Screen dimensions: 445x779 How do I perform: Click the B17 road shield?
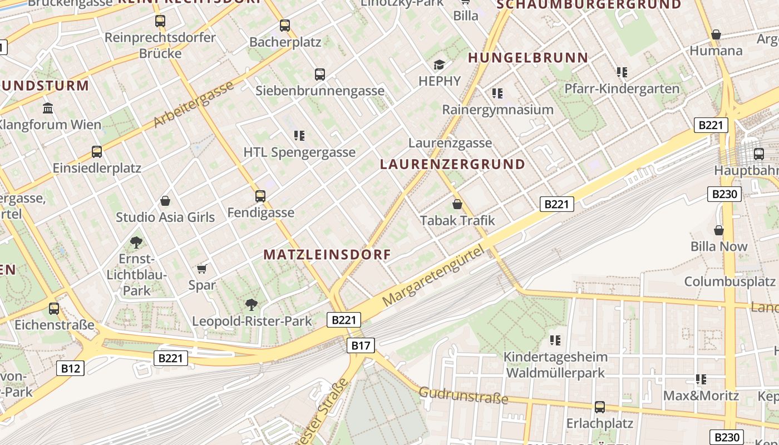tap(361, 345)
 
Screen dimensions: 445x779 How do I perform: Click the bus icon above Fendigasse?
tap(260, 196)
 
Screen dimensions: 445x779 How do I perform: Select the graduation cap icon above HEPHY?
tap(440, 65)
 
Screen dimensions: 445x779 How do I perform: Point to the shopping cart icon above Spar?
tap(202, 269)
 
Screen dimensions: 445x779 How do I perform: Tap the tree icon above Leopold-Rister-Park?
tap(252, 304)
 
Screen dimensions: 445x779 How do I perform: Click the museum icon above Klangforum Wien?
tap(48, 108)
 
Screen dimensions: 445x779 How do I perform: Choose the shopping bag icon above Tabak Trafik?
tap(457, 204)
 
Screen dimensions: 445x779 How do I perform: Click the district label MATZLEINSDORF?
tap(327, 255)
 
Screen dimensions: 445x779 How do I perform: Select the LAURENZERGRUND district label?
tap(452, 165)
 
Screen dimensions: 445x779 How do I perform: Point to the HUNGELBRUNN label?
tap(528, 58)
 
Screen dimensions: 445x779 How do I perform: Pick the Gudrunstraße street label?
tap(464, 395)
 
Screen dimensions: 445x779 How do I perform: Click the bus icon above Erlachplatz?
tap(600, 407)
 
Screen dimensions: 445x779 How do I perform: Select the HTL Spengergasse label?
tap(299, 152)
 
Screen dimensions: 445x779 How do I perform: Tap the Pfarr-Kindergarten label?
tap(622, 88)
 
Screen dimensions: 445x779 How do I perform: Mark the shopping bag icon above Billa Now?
tap(719, 230)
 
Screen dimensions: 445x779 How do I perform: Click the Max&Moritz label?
tap(701, 396)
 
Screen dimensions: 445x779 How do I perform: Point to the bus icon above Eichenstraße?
tap(54, 309)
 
